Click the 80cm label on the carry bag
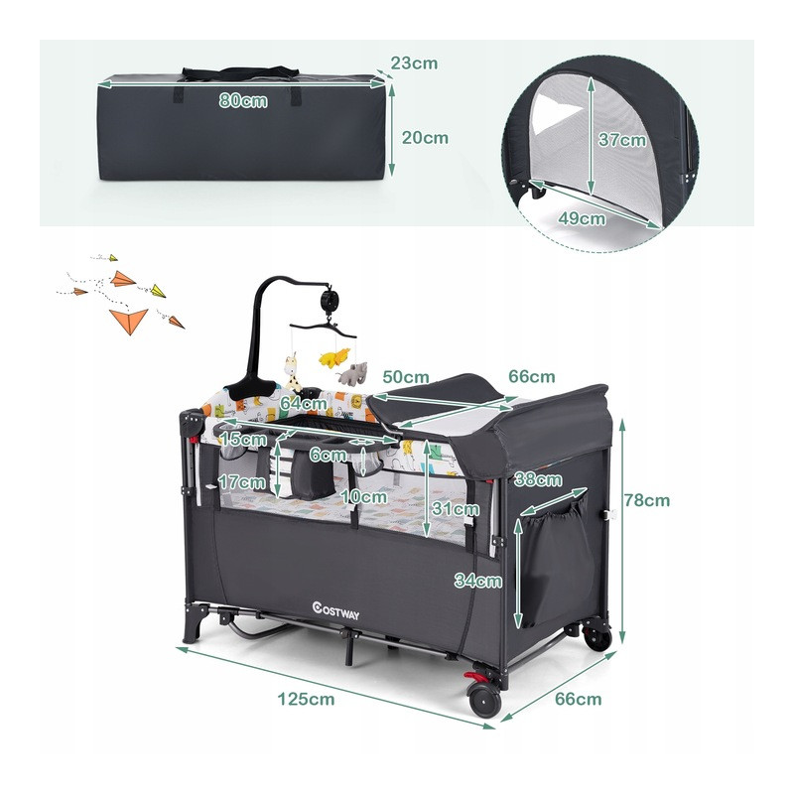click(x=243, y=101)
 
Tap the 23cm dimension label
click(x=414, y=64)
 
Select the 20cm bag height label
click(x=425, y=138)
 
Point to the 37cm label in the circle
click(x=622, y=140)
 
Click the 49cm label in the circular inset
click(x=582, y=218)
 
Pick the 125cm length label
click(x=306, y=700)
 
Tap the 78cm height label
click(x=647, y=500)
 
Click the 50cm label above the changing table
click(x=406, y=377)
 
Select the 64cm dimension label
click(x=304, y=404)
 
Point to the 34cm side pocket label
click(x=478, y=581)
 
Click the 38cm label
click(x=538, y=479)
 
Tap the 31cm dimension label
click(x=456, y=508)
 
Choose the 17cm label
click(x=242, y=481)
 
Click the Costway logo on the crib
click(x=335, y=610)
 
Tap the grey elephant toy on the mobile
click(x=352, y=374)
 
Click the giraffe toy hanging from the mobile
click(x=292, y=371)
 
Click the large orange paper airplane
click(x=129, y=321)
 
